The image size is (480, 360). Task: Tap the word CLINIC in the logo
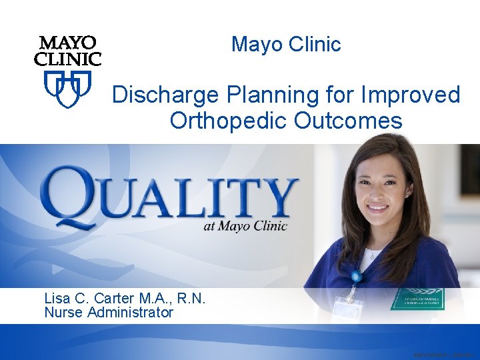click(x=68, y=59)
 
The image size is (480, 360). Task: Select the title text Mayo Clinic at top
click(x=286, y=45)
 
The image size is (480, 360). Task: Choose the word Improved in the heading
click(x=410, y=95)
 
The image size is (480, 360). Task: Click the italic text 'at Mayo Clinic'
click(x=245, y=226)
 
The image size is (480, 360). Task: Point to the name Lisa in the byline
click(x=59, y=298)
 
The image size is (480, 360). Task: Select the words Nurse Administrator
click(x=109, y=312)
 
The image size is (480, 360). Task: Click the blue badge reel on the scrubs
click(x=357, y=276)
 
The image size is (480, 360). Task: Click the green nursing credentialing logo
click(x=417, y=299)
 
